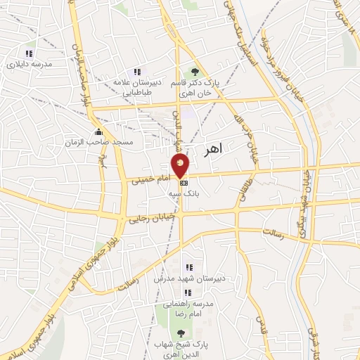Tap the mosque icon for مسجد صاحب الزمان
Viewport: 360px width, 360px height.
(x=98, y=132)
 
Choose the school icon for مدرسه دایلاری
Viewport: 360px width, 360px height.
(x=28, y=53)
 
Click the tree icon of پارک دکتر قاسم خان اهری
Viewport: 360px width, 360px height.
(x=195, y=72)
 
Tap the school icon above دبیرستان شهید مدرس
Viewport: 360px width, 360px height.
(x=188, y=267)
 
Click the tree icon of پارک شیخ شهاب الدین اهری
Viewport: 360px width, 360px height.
(x=181, y=333)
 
